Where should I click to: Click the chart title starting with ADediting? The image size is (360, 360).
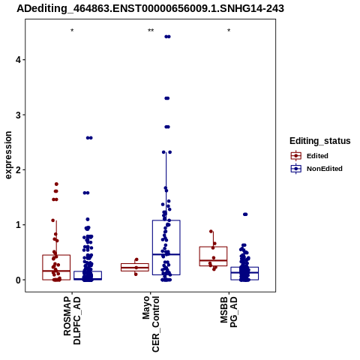150,8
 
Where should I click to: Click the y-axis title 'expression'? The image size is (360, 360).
8,155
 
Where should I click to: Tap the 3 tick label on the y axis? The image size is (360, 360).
18,115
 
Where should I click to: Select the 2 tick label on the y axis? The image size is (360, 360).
18,169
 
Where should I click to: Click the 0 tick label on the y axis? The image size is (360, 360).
18,280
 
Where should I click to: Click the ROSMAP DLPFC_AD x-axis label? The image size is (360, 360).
72,321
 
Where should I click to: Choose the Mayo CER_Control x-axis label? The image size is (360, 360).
151,324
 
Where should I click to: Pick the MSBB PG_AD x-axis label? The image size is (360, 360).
229,312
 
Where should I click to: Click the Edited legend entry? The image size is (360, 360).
309,156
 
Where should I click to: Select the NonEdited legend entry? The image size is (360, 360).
316,169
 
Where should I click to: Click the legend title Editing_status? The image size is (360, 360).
320,141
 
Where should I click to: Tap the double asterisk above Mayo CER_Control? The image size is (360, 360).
151,31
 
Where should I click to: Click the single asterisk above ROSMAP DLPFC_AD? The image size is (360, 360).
72,31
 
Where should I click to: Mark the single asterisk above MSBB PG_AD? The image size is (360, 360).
229,31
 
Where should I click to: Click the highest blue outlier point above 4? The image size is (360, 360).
167,37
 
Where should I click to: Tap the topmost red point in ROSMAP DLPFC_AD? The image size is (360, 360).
56,184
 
